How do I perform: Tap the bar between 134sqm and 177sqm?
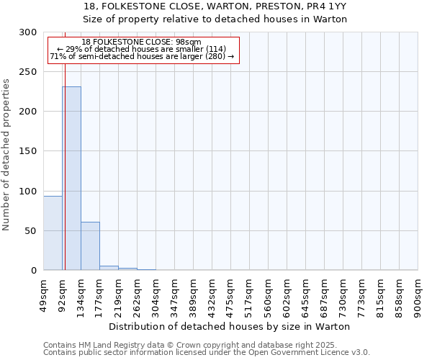[90, 246]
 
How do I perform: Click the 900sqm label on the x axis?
[418, 294]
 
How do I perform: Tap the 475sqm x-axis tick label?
[231, 294]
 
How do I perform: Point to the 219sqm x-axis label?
[119, 294]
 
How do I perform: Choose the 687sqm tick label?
[325, 294]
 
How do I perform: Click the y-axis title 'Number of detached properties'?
[6, 155]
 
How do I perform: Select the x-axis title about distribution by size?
[234, 326]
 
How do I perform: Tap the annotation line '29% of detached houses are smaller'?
[141, 49]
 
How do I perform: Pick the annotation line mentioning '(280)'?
[142, 56]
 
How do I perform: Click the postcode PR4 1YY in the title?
[326, 6]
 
